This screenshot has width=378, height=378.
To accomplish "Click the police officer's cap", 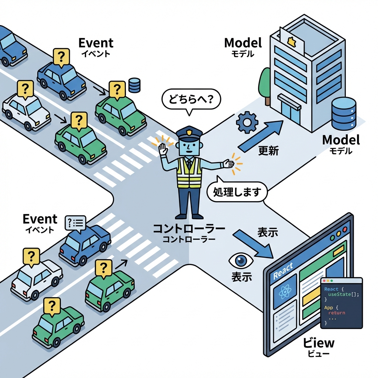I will [189, 133].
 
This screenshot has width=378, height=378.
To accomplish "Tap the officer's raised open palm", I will [163, 150].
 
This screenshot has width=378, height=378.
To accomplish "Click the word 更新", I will [268, 151].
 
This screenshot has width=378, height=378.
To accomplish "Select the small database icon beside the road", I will [134, 85].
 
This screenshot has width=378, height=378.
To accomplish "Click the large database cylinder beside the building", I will [343, 113].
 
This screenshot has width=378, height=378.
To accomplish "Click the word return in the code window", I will [337, 313].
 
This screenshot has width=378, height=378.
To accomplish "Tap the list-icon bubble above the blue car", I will [75, 223].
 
